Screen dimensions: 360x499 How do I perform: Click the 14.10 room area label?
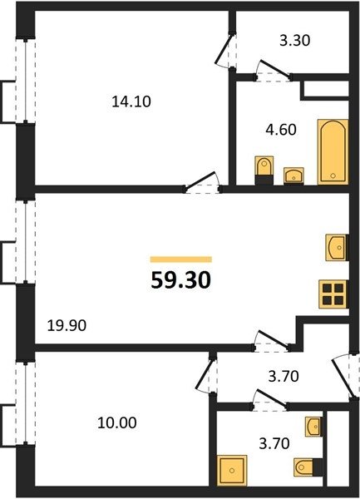pos(131,101)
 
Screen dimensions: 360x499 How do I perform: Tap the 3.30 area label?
pos(295,41)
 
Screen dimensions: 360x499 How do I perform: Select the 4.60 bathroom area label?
pos(281,130)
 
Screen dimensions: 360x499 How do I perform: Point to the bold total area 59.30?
pos(181,281)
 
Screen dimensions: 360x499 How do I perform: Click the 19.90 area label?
pos(67,325)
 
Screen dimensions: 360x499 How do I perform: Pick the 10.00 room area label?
pos(117,423)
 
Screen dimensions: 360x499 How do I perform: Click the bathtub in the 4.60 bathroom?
pos(333,152)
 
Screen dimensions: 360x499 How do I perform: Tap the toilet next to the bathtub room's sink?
pos(264,170)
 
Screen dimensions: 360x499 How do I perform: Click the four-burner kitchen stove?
pos(333,294)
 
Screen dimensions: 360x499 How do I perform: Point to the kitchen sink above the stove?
pos(337,247)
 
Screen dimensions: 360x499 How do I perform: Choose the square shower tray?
pos(232,470)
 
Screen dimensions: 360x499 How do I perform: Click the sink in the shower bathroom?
pos(313,427)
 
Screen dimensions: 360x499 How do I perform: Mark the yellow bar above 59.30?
pos(181,259)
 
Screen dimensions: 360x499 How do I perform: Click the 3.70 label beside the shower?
pos(274,443)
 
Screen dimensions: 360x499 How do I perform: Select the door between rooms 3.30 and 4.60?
pos(274,72)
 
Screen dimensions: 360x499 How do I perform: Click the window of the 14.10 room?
pos(26,81)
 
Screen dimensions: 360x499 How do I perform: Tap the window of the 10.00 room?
pos(26,403)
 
